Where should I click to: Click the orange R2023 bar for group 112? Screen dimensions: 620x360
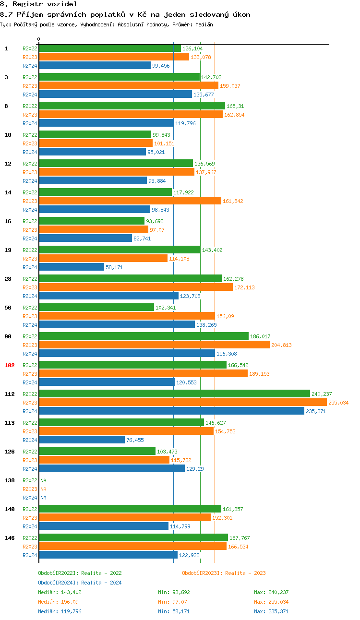(x=182, y=402)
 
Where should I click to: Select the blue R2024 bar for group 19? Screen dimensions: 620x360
(x=72, y=267)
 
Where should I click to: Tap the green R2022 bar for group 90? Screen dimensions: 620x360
(x=144, y=336)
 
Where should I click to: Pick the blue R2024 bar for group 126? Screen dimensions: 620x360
(x=111, y=468)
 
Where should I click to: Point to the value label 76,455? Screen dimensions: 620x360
(x=135, y=440)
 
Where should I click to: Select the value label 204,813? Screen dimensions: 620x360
(x=281, y=345)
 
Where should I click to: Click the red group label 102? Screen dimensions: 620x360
(x=10, y=365)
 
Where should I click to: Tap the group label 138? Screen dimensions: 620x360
(x=10, y=480)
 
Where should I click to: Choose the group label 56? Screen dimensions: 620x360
(x=8, y=308)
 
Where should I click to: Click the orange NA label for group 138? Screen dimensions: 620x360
(x=43, y=489)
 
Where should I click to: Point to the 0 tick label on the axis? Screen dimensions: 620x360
(x=39, y=39)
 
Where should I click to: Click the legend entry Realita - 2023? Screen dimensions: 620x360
(x=224, y=573)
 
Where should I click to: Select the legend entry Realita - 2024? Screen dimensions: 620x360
(x=80, y=583)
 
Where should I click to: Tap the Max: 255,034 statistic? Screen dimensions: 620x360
(x=271, y=602)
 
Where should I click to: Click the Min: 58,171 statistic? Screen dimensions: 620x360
(x=174, y=611)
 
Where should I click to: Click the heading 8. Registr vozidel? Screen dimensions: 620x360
(x=38, y=4)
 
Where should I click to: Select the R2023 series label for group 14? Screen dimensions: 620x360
(x=30, y=201)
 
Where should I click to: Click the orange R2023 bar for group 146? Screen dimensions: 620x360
(x=132, y=546)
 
